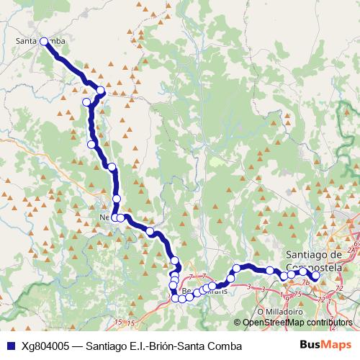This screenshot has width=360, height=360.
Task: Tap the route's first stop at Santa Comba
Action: click(44, 41)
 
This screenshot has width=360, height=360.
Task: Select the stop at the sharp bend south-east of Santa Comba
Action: click(101, 91)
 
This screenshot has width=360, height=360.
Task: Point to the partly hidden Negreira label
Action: click(104, 215)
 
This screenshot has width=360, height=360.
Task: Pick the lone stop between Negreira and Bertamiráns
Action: click(150, 232)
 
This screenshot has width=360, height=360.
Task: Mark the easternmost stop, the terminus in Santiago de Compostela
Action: click(315, 275)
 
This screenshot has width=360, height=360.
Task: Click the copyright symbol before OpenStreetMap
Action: click(239, 322)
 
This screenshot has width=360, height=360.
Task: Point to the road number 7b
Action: click(305, 282)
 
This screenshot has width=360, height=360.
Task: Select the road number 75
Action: click(296, 295)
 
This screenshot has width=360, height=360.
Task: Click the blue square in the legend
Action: click(9, 346)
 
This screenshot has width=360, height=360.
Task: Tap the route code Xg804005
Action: click(45, 346)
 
